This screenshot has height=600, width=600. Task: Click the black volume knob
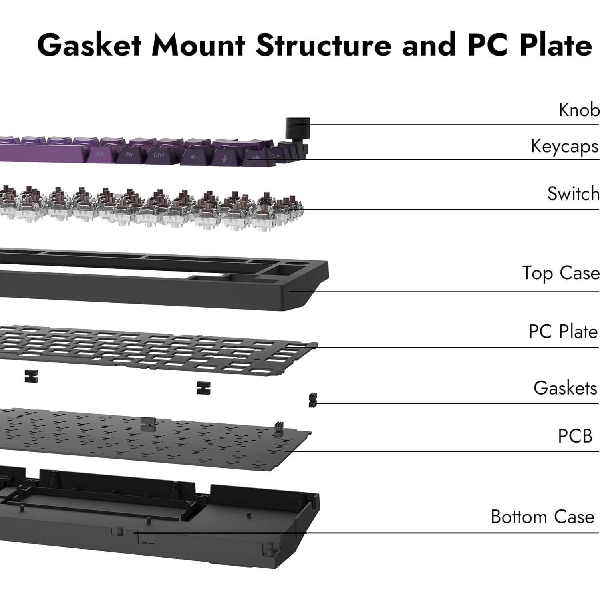298,127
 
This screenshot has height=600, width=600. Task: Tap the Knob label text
579,110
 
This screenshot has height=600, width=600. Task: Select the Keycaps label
564,146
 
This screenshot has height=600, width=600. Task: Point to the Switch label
573,194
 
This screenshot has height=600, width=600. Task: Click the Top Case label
560,273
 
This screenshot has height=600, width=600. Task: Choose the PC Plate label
563,332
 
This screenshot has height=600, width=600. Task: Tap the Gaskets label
565,388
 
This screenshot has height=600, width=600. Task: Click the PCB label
575,436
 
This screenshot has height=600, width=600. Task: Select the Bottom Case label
542,517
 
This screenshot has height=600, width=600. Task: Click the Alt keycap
100,154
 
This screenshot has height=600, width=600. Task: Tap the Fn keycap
129,154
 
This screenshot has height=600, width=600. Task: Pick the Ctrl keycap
159,155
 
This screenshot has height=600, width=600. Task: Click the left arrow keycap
194,157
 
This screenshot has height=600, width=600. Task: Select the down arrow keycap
224,158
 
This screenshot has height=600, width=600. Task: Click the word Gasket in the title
89,45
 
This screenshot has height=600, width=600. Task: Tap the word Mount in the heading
198,45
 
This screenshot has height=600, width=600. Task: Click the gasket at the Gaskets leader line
312,400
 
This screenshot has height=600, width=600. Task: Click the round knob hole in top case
296,264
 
